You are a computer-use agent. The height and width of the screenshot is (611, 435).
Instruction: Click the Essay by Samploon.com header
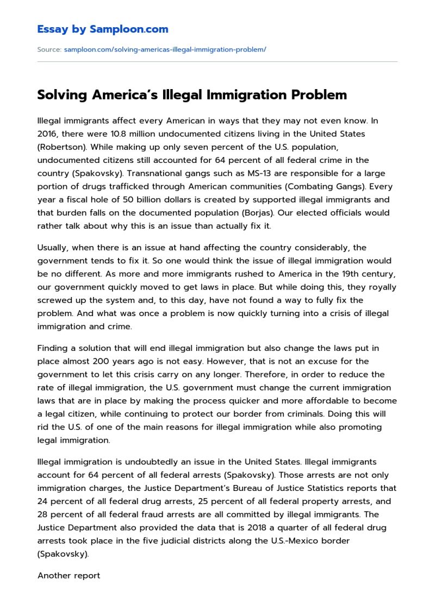pyautogui.click(x=103, y=29)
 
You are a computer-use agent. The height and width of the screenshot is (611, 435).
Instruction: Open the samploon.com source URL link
pyautogui.click(x=165, y=49)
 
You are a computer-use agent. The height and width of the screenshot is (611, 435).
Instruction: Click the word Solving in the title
pyautogui.click(x=62, y=95)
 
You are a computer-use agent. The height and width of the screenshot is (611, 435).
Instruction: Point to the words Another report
pyautogui.click(x=69, y=576)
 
